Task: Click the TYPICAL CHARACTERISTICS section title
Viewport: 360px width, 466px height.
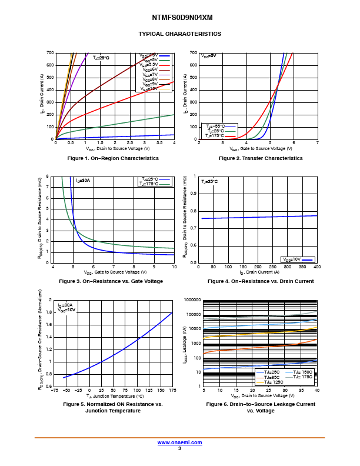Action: pyautogui.click(x=179, y=34)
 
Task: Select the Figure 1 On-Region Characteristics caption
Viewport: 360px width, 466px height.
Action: pyautogui.click(x=113, y=158)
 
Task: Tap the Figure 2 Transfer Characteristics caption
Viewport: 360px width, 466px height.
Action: pyautogui.click(x=261, y=158)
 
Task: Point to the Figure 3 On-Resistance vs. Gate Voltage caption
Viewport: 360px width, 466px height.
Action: pyautogui.click(x=111, y=281)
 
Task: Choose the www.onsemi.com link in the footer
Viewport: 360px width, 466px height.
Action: pyautogui.click(x=179, y=442)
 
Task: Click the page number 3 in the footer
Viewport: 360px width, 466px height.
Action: pyautogui.click(x=179, y=448)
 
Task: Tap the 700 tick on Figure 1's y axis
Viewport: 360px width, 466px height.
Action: pyautogui.click(x=50, y=53)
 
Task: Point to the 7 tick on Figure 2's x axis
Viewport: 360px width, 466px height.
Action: pyautogui.click(x=317, y=143)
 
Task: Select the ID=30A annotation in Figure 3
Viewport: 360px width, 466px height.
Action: pyautogui.click(x=83, y=180)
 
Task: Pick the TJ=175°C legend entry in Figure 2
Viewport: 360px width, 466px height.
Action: pyautogui.click(x=215, y=136)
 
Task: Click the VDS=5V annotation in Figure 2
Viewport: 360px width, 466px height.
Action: pyautogui.click(x=209, y=56)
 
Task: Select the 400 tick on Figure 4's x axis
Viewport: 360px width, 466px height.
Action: pyautogui.click(x=317, y=267)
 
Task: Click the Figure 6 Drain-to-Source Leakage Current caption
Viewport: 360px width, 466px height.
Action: pyautogui.click(x=261, y=407)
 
